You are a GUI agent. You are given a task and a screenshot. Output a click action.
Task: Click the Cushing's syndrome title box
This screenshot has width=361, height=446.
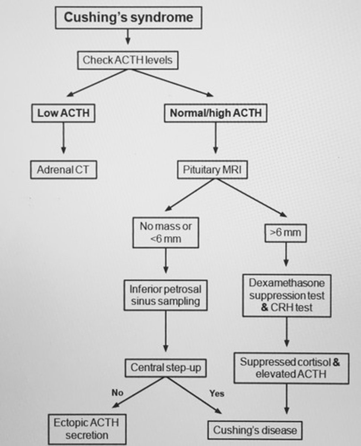click(129, 17)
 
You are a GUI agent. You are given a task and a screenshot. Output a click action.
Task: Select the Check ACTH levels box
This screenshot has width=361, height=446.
click(127, 60)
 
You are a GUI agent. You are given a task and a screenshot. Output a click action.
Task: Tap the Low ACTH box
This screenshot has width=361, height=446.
click(63, 113)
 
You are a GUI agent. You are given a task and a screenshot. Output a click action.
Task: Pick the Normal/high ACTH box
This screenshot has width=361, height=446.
click(215, 113)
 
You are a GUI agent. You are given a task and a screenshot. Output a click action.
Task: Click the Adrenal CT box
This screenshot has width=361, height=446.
click(64, 170)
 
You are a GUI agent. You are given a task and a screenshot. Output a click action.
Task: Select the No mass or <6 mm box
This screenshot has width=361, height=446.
click(166, 232)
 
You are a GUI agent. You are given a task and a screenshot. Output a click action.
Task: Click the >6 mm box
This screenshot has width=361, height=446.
click(285, 233)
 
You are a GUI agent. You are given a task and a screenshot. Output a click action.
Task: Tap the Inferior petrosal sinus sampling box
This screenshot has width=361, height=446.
click(165, 295)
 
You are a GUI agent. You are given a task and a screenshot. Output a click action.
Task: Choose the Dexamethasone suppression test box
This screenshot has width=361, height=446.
click(287, 295)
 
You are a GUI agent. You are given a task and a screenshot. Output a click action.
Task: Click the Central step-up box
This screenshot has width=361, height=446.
click(165, 368)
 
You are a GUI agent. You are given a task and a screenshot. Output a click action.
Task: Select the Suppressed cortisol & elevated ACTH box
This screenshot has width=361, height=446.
click(291, 368)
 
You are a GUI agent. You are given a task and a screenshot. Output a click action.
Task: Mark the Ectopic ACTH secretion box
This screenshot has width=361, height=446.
click(87, 429)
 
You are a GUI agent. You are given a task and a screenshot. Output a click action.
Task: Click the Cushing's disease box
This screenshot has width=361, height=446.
click(255, 430)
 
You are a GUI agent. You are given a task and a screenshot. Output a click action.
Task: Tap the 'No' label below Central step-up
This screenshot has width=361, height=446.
click(117, 392)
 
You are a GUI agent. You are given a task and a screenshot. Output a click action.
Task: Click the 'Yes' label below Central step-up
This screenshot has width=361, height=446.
click(217, 393)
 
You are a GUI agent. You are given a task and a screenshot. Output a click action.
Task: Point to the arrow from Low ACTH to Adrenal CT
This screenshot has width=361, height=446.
click(63, 138)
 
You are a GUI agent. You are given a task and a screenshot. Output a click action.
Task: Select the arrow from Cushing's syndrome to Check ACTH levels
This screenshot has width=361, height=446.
click(128, 37)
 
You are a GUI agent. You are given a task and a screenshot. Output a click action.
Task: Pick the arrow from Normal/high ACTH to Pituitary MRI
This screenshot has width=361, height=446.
click(215, 138)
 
